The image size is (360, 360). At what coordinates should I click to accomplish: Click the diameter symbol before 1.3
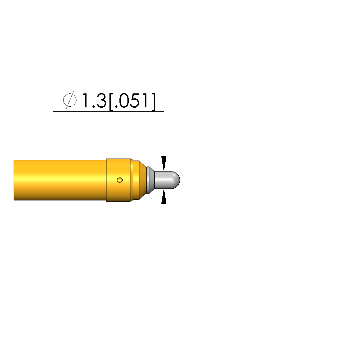click(70, 100)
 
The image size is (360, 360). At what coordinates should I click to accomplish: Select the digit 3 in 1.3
click(101, 101)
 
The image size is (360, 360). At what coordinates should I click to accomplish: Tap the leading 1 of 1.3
click(85, 101)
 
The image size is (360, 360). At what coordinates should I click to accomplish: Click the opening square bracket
click(111, 102)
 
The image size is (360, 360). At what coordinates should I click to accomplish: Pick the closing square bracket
click(153, 102)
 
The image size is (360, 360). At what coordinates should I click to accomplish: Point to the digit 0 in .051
click(125, 101)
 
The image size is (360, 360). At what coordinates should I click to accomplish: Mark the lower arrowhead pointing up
click(164, 196)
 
